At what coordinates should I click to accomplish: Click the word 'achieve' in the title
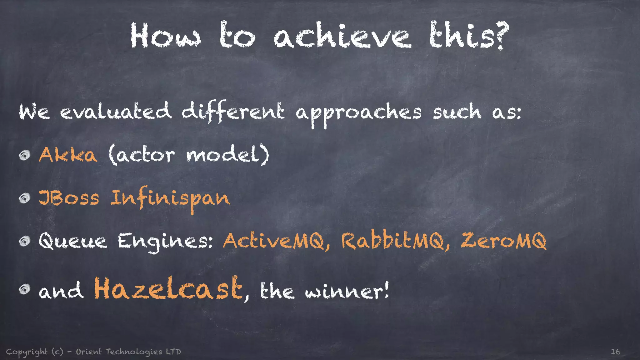tap(342, 36)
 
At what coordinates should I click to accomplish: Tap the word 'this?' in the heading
tap(469, 36)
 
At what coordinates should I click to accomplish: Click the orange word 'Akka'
tap(68, 155)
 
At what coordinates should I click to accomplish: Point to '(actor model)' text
tap(189, 155)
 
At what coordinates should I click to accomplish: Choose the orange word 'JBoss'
tap(69, 198)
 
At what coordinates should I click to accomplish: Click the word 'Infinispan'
tap(170, 198)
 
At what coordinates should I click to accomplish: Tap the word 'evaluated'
tap(116, 112)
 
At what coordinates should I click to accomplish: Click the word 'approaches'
tap(358, 112)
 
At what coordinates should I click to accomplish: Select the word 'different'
tap(233, 112)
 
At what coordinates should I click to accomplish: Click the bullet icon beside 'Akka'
tap(24, 155)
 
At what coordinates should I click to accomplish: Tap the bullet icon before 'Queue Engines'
tap(24, 241)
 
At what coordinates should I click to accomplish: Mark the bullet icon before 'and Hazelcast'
tap(24, 289)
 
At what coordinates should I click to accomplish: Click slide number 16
tap(615, 352)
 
